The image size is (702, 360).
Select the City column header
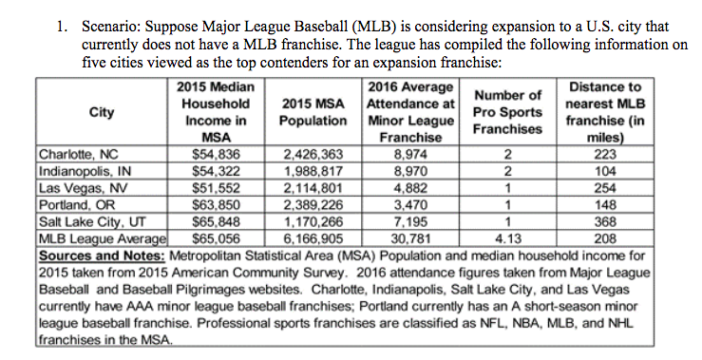102,113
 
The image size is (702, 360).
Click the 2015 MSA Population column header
313,113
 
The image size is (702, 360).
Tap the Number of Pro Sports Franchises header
507,112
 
